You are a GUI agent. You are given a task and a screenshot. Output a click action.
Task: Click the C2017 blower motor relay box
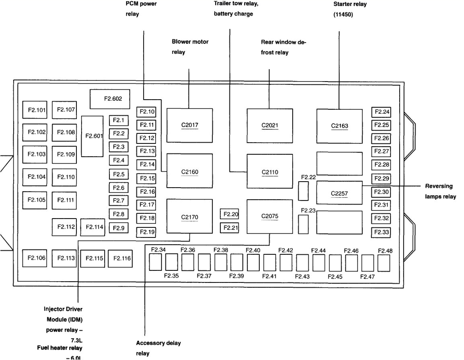coord(189,125)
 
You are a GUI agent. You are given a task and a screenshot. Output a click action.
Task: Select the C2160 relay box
coord(189,171)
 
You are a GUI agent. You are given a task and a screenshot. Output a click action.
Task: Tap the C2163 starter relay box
coord(339,125)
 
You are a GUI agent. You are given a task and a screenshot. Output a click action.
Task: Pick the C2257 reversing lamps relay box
coord(339,193)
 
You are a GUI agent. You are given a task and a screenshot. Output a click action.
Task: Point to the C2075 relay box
coord(269,217)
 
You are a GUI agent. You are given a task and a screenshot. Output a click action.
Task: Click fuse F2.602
coord(110,99)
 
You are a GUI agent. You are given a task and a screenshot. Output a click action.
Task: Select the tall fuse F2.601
coord(92,136)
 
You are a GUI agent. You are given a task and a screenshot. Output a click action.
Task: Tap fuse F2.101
coord(37,110)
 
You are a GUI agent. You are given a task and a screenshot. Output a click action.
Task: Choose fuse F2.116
coord(122,258)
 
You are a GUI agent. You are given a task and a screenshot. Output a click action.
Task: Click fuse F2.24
coord(381,112)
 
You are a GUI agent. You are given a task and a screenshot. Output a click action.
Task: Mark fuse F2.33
coord(381,232)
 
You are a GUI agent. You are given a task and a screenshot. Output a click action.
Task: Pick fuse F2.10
coord(146,112)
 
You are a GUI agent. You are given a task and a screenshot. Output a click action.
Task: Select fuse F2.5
coord(119,174)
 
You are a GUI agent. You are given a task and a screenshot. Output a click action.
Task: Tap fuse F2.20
coord(230,214)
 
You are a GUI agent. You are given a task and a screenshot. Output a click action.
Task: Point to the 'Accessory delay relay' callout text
coord(158,348)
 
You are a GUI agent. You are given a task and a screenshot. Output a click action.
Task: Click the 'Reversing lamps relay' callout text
coord(440,192)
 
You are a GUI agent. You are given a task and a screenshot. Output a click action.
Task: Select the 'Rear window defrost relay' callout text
coord(280,47)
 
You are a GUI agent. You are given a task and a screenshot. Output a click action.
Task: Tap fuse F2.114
coord(92,227)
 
